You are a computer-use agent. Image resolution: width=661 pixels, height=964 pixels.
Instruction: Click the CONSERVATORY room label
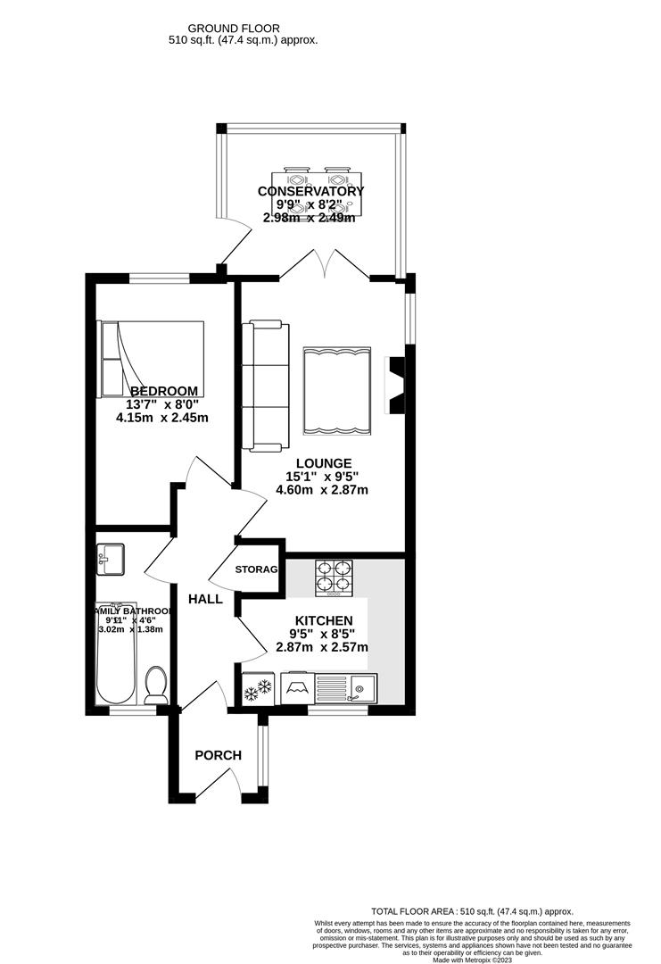[310, 191]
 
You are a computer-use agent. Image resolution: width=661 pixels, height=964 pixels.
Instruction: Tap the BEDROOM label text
[163, 391]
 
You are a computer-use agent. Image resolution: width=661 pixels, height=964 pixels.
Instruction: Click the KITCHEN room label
[324, 620]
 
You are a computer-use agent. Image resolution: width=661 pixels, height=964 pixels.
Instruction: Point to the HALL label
[205, 599]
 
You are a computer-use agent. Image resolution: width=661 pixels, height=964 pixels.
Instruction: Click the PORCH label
[219, 755]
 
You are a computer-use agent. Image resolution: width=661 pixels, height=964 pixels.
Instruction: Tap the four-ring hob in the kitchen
[333, 578]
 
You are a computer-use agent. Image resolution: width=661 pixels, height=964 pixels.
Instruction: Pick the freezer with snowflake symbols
[256, 689]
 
